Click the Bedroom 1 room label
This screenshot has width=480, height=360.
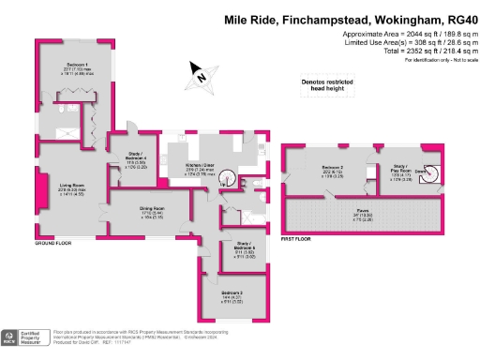66,65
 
